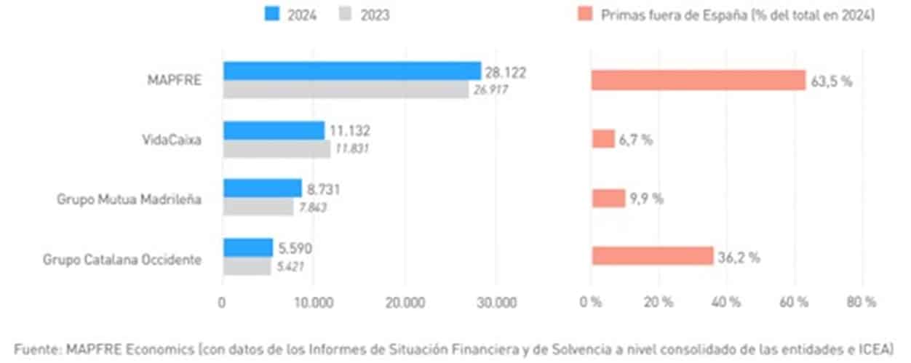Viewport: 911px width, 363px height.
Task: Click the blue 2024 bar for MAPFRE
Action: (x=351, y=71)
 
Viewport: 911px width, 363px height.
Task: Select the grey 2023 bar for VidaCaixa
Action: (x=276, y=148)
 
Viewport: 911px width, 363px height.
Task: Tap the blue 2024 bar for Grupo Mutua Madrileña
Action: (x=262, y=188)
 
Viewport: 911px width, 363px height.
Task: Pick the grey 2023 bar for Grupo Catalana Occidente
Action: (x=247, y=266)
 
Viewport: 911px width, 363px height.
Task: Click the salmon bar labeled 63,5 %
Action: (x=699, y=80)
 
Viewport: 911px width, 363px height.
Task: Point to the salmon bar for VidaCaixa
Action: (x=603, y=139)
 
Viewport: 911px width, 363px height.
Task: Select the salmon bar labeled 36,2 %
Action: (x=652, y=256)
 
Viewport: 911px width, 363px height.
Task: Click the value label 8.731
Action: (x=323, y=189)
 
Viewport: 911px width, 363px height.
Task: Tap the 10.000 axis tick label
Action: (x=314, y=302)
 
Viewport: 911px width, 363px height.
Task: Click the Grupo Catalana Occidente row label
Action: (x=122, y=259)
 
